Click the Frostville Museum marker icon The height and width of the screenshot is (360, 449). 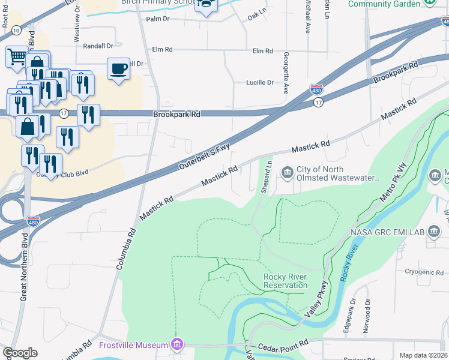tap(177, 344)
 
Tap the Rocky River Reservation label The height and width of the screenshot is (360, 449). tap(285, 281)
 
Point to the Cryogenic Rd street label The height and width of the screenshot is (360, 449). tap(424, 272)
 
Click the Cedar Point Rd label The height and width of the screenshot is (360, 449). tap(283, 347)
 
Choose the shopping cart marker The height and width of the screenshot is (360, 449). tap(17, 57)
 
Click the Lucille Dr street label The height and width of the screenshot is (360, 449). tap(260, 82)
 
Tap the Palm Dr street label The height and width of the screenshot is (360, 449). tap(158, 19)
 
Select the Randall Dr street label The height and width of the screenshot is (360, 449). tap(98, 46)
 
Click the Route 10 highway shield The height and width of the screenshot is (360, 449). tap(16, 30)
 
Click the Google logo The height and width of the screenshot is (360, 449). tap(20, 353)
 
